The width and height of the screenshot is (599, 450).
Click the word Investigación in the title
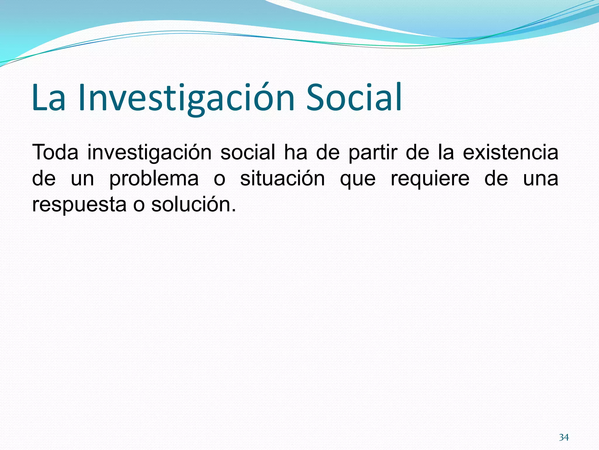click(x=186, y=98)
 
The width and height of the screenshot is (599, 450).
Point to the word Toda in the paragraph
click(x=55, y=152)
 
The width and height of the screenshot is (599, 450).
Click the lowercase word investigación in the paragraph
click(x=149, y=153)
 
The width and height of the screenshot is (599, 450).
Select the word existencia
click(x=510, y=152)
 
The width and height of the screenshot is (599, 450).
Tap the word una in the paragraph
click(x=541, y=179)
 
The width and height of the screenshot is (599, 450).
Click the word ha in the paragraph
click(x=295, y=152)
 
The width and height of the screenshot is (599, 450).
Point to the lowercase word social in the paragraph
click(x=248, y=152)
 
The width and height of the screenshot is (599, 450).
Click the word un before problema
click(x=82, y=179)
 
